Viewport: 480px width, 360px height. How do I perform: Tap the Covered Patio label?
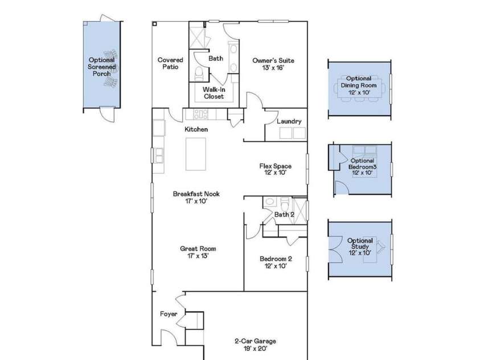coord(170,63)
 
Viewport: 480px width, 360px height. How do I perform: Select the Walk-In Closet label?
coord(210,93)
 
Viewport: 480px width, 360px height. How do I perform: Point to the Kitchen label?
coord(196,129)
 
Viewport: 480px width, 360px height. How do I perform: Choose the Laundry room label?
coord(289,121)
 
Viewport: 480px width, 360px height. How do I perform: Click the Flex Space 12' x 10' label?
coord(275,169)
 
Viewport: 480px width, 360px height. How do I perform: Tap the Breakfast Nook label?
coord(196,197)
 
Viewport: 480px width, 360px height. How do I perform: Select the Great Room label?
coord(198,252)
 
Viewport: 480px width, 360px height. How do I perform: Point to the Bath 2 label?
coord(284,215)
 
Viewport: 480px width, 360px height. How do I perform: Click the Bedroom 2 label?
coord(275,261)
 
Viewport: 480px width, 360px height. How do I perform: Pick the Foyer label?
coord(169,314)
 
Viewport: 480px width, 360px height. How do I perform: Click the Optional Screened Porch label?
coord(101,67)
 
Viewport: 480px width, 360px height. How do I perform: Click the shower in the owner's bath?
coord(199,37)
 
